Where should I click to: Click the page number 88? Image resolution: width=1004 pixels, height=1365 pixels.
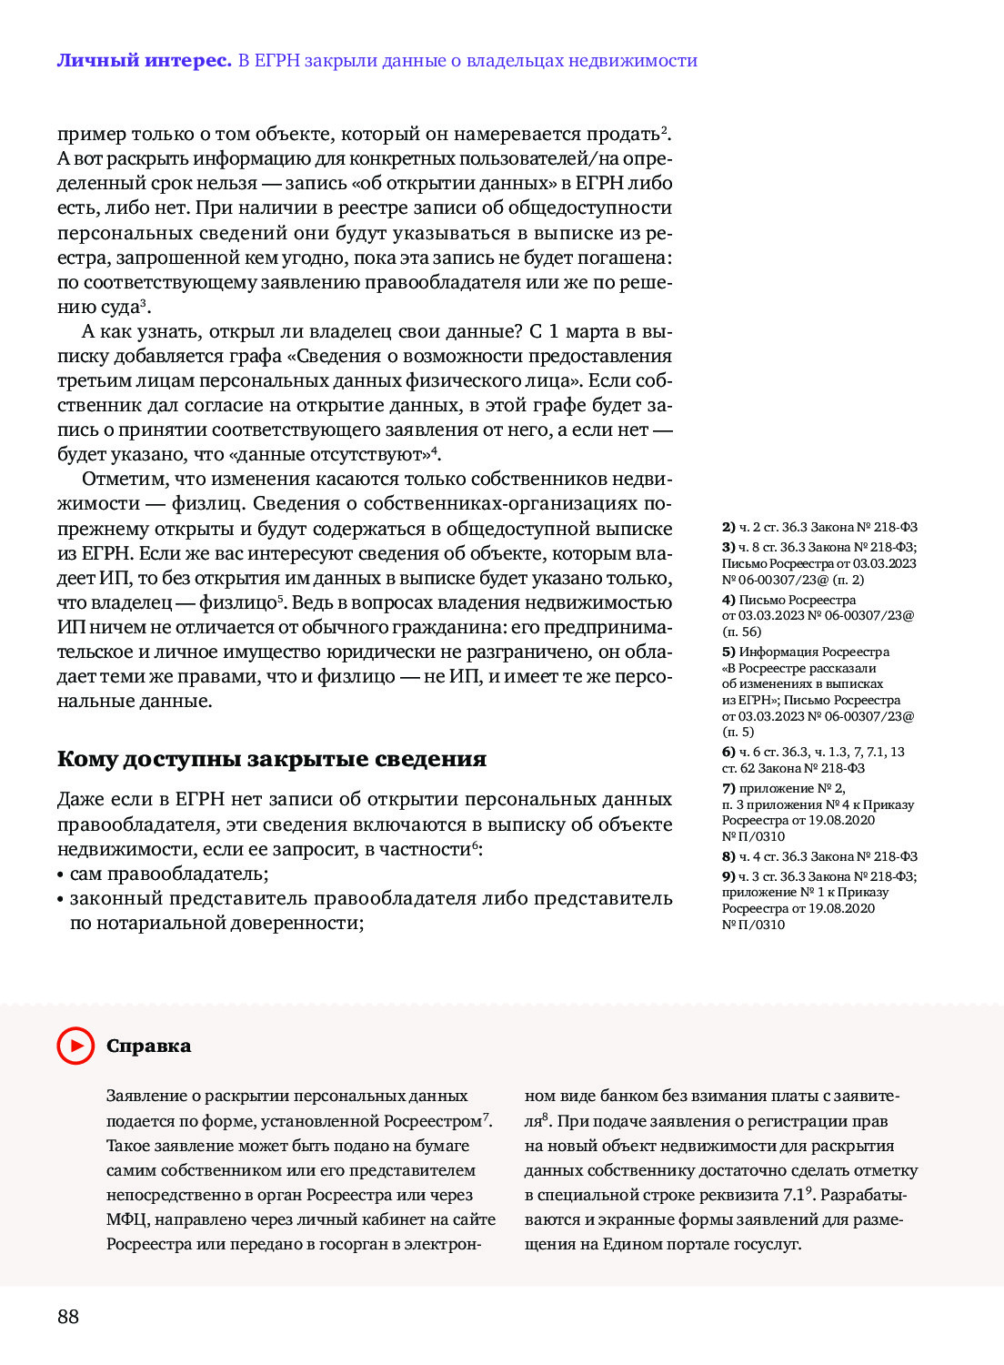68,1317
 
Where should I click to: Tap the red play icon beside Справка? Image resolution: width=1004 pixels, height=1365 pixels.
75,1046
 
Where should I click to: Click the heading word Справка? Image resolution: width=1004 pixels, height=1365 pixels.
148,1046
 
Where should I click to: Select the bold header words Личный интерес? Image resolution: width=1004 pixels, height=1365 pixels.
144,61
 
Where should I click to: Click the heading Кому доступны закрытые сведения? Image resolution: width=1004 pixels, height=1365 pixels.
271,759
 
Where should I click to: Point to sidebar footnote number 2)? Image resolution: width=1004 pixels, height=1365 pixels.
728,527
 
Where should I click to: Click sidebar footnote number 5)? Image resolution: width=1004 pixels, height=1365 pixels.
728,652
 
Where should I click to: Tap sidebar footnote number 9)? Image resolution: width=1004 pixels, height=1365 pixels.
728,876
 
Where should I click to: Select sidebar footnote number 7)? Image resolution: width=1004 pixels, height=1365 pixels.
728,788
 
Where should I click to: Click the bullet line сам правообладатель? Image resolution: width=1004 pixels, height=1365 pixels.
169,874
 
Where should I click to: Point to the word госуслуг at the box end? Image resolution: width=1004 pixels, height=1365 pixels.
768,1244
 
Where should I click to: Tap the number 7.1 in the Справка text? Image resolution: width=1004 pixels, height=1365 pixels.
794,1195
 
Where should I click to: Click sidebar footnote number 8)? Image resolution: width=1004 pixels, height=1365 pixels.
728,856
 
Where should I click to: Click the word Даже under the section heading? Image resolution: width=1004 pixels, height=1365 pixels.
80,800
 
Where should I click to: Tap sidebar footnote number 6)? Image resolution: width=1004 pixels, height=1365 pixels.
728,752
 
